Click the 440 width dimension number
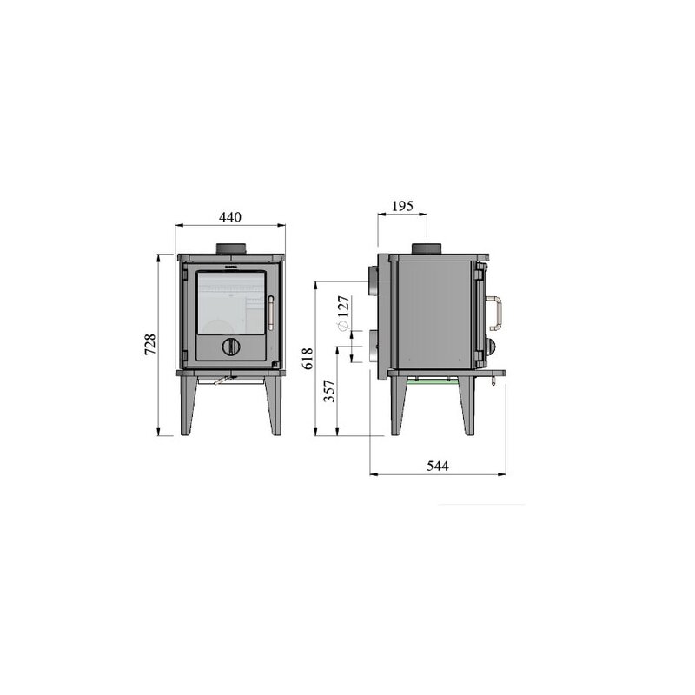(229, 216)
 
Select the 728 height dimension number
(149, 344)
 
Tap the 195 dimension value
(402, 206)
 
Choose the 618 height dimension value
(305, 357)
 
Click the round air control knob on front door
(231, 345)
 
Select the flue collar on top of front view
(231, 249)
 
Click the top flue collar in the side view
(429, 249)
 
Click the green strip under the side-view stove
(434, 383)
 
